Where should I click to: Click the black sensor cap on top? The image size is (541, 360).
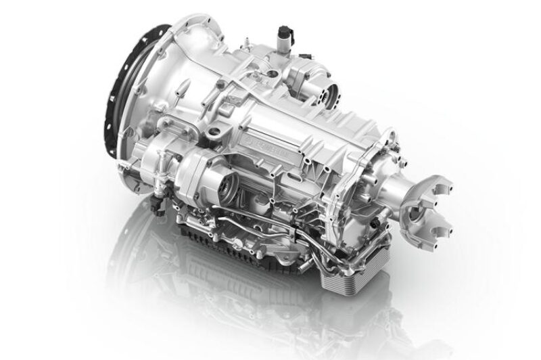point(282,33)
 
